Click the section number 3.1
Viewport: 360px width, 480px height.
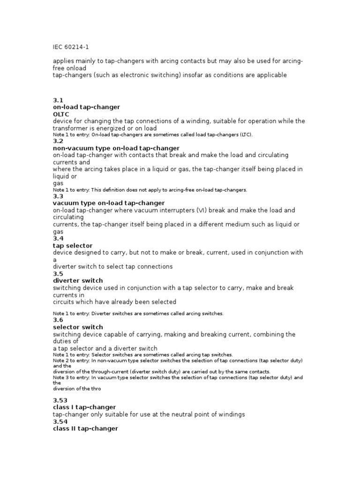click(x=58, y=100)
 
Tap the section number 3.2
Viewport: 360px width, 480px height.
click(x=58, y=141)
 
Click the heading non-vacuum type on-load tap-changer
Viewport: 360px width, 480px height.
click(x=116, y=148)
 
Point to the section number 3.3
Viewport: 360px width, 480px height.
click(x=58, y=196)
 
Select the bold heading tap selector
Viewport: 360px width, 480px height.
click(x=73, y=246)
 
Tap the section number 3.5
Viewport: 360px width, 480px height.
click(x=58, y=273)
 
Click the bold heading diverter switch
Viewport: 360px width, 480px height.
click(x=77, y=281)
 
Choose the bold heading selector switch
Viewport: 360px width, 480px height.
click(x=78, y=327)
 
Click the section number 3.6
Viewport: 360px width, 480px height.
click(x=58, y=320)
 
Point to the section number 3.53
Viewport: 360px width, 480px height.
click(x=60, y=400)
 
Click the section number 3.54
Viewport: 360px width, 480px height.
click(x=60, y=421)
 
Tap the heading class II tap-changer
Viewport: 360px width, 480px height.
click(x=85, y=428)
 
